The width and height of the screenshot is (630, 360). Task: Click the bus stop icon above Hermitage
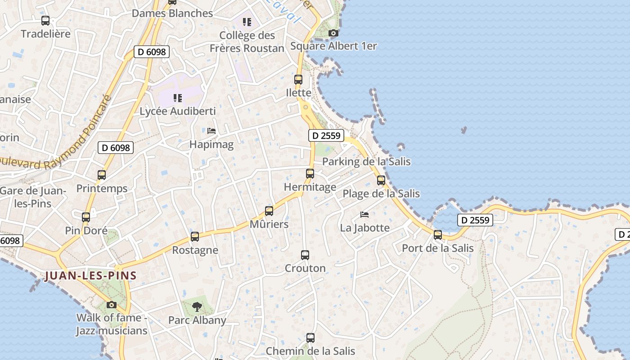pos(310,173)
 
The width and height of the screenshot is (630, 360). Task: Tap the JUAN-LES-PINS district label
pos(90,275)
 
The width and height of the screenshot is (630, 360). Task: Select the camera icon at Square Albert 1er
pos(333,33)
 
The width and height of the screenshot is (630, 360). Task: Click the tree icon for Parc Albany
pos(197,307)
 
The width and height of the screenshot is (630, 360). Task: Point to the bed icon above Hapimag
pos(211,131)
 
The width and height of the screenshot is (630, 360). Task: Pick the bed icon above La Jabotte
pos(364,214)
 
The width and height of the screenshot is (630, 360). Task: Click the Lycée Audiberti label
pos(178,111)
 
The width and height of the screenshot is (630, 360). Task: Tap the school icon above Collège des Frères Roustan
pos(247,22)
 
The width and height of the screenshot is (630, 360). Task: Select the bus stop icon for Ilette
pos(298,80)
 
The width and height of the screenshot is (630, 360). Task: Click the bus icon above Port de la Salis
pos(437,234)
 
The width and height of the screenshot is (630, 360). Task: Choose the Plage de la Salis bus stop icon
pos(381,180)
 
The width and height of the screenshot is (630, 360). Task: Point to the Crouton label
pos(305,268)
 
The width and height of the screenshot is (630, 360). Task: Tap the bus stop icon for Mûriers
pos(269,211)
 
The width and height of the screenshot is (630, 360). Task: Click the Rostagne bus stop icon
pos(195,237)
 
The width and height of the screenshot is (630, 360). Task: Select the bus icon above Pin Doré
pos(86,217)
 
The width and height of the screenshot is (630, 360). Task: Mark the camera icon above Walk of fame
pos(112,305)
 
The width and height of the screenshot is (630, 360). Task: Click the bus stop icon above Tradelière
pos(45,20)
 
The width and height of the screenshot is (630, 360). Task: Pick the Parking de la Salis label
pos(366,162)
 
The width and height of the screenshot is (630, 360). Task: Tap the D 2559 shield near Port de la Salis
pos(475,220)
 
